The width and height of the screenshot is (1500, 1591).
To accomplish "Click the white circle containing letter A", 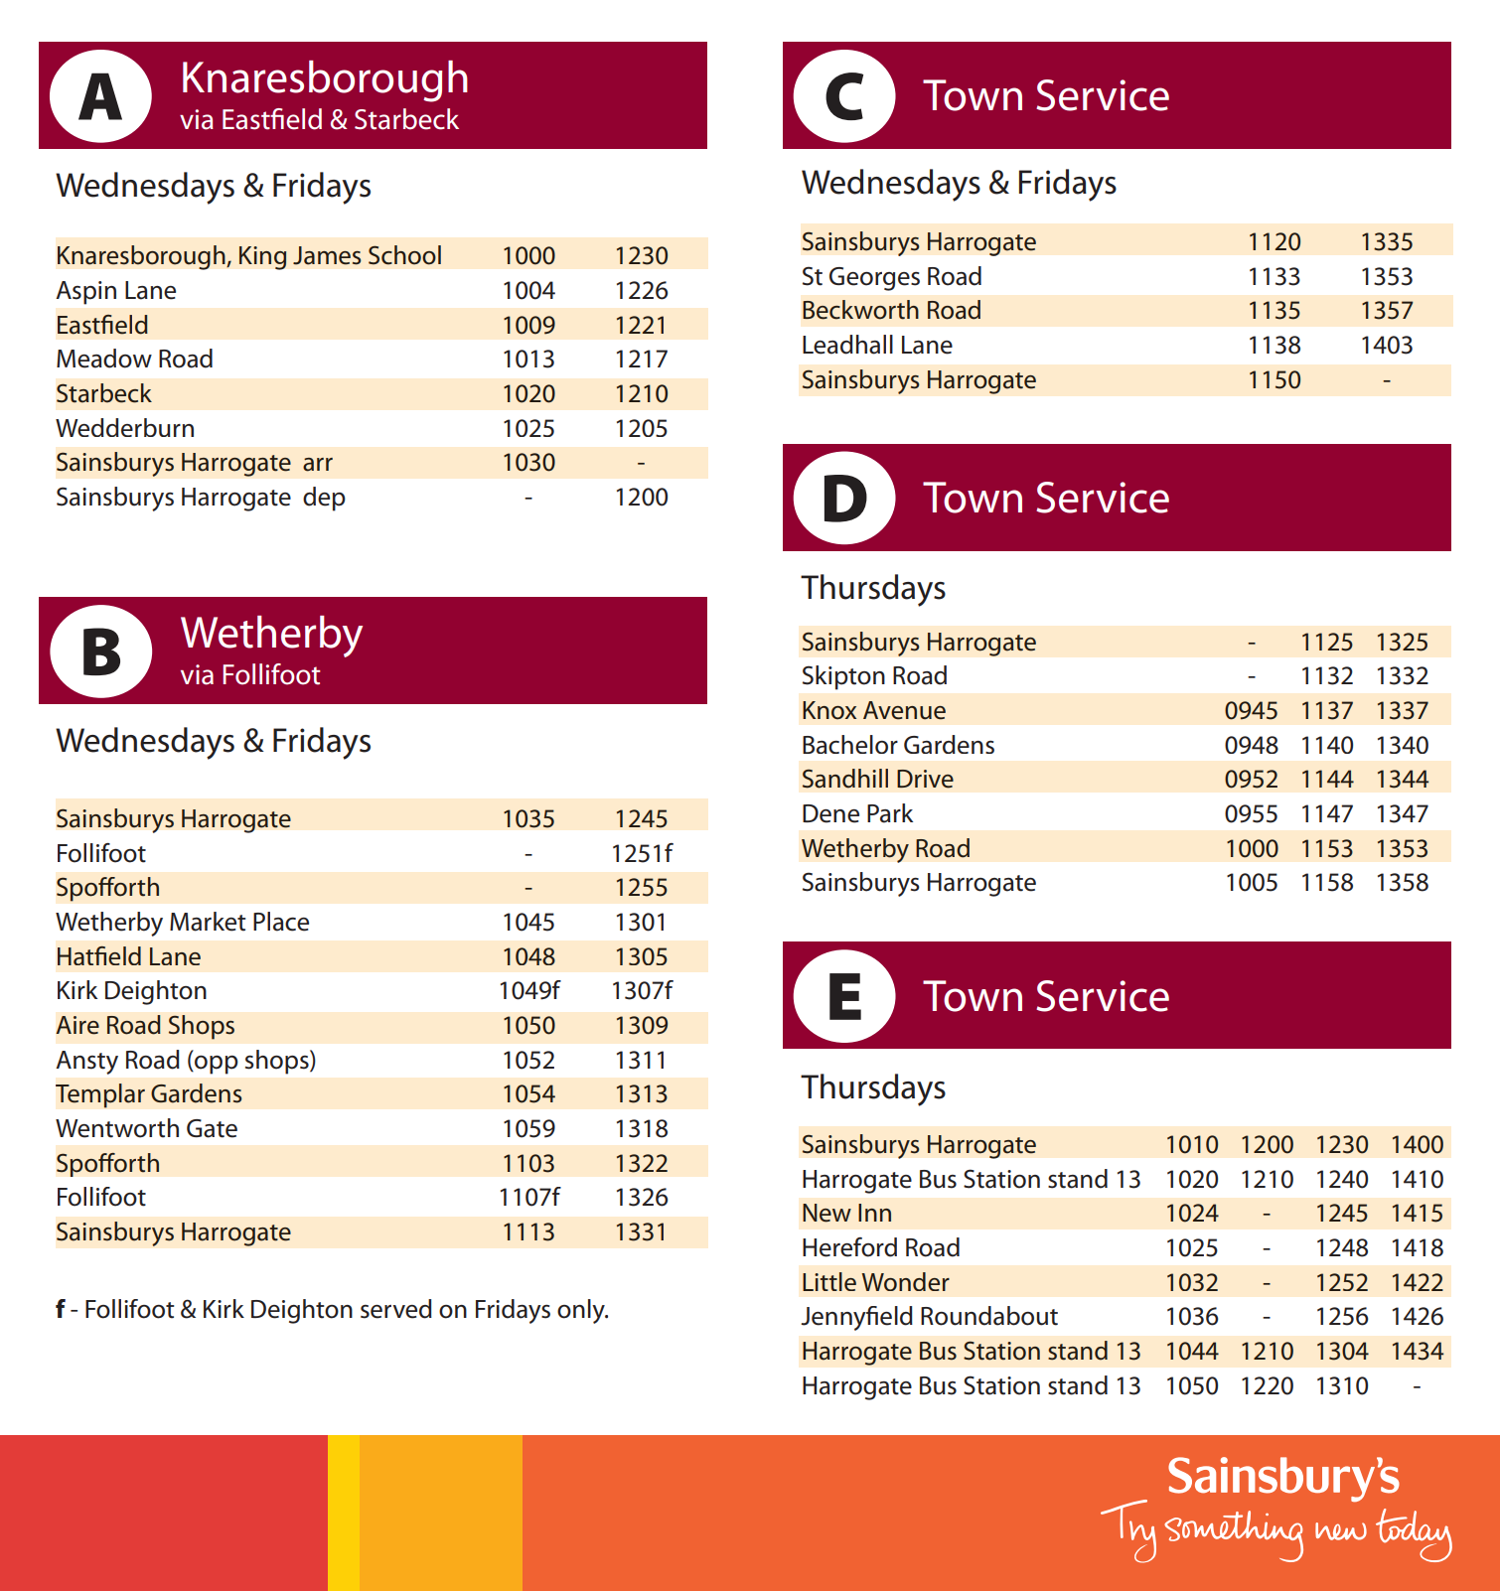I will pyautogui.click(x=100, y=96).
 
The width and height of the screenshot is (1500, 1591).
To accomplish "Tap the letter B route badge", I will pyautogui.click(x=100, y=651).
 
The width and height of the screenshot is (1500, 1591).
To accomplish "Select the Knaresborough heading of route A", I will pyautogui.click(x=324, y=78).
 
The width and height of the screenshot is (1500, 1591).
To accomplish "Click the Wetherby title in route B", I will pyautogui.click(x=271, y=634).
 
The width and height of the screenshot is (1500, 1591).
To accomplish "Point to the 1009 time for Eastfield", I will pyautogui.click(x=528, y=325).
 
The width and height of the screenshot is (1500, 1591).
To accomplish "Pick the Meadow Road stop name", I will pyautogui.click(x=134, y=359).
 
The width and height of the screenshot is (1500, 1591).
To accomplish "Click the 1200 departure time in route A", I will pyautogui.click(x=641, y=497).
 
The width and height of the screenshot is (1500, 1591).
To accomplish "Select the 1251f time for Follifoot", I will pyautogui.click(x=641, y=853).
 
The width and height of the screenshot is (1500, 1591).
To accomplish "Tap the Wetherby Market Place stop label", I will pyautogui.click(x=183, y=922).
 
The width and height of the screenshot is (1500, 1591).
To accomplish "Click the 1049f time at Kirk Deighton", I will pyautogui.click(x=528, y=990).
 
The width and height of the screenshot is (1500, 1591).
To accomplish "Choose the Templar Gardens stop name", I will pyautogui.click(x=149, y=1093).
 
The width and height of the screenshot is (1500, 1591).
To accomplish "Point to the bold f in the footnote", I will pyautogui.click(x=61, y=1309).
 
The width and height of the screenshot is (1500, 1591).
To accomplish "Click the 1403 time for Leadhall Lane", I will pyautogui.click(x=1386, y=345).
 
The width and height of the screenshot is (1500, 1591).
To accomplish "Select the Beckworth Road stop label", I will pyautogui.click(x=891, y=310).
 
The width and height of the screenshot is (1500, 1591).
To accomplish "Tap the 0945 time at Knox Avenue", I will pyautogui.click(x=1251, y=710).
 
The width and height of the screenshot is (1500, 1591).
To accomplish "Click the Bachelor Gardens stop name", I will pyautogui.click(x=898, y=745).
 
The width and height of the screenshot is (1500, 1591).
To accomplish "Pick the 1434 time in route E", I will pyautogui.click(x=1417, y=1351).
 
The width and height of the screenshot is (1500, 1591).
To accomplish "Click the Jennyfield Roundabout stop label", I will pyautogui.click(x=929, y=1316).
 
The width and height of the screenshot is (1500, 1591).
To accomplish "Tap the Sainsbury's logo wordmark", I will pyautogui.click(x=1282, y=1477).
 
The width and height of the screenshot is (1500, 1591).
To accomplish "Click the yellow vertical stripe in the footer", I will pyautogui.click(x=344, y=1513).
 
